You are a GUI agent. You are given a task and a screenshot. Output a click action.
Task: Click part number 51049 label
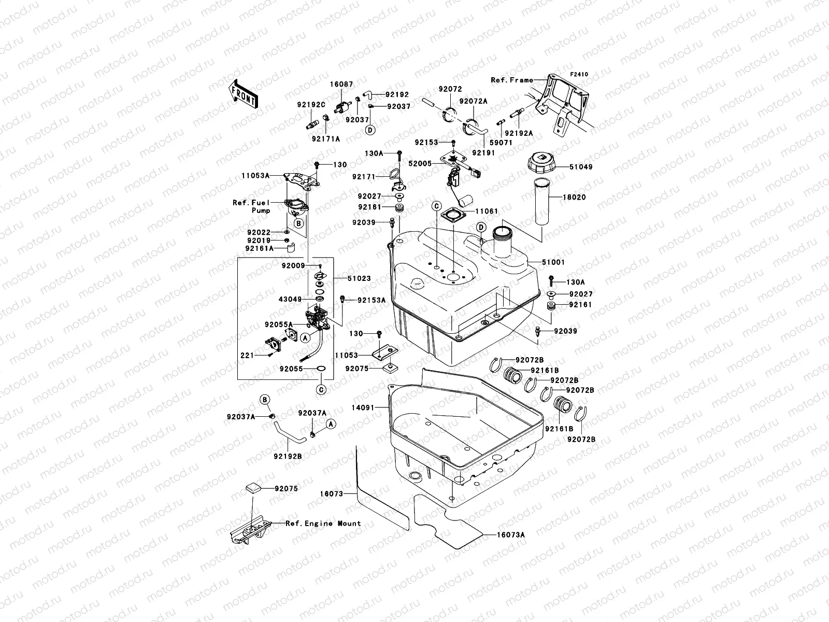pos(566,167)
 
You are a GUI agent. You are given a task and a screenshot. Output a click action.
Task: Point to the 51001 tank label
pos(553,263)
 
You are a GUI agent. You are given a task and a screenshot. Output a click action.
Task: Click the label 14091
pos(362,408)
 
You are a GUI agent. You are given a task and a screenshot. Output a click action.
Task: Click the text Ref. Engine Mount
pos(323,524)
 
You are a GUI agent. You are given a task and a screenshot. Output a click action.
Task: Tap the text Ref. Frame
pos(512,80)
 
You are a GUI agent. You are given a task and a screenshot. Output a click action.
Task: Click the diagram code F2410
pos(579,75)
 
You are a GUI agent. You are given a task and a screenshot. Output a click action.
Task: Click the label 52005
pos(420,163)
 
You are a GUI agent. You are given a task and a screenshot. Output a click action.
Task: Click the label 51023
pos(359,278)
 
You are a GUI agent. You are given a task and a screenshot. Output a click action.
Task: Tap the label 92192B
pos(289,456)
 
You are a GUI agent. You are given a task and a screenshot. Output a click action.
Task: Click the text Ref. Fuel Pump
pos(252,207)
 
